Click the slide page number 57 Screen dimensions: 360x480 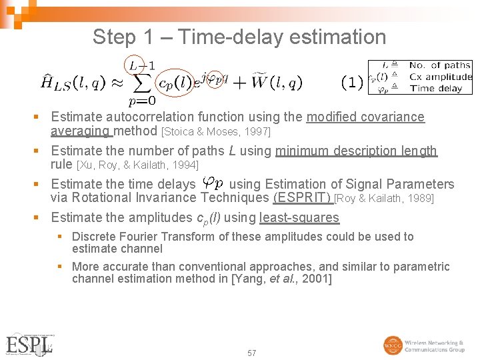click(x=251, y=353)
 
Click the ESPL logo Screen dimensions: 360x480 click(x=29, y=345)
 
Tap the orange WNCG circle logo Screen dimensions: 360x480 click(x=393, y=345)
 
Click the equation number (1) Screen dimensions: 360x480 click(x=352, y=83)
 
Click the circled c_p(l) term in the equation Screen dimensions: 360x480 click(x=174, y=83)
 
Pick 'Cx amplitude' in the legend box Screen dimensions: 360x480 click(x=440, y=77)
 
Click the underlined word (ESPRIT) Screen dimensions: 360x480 click(x=302, y=197)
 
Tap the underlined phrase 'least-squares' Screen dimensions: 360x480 click(x=299, y=217)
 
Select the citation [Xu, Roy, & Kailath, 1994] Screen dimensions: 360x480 click(x=137, y=165)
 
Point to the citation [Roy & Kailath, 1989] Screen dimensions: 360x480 click(x=384, y=198)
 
